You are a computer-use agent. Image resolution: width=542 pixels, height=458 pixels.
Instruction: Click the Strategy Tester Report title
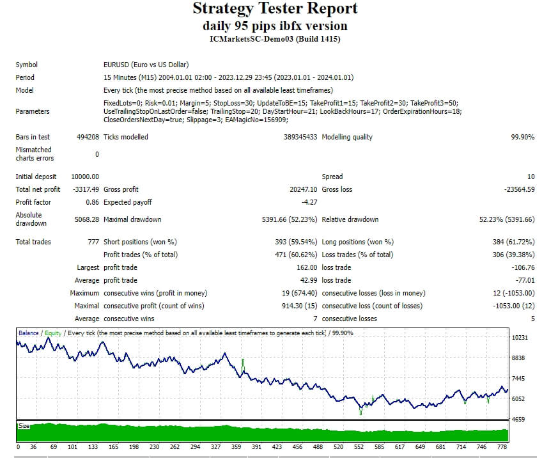point(275,9)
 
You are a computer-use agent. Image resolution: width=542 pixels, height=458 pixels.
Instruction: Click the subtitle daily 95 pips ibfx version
point(275,26)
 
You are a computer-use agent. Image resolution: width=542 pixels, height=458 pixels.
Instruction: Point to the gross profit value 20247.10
point(303,189)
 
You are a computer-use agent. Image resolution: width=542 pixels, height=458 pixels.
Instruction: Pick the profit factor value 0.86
point(93,202)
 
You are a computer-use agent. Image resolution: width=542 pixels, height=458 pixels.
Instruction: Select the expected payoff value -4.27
point(309,202)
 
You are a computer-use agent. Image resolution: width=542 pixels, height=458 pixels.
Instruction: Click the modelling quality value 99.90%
point(522,137)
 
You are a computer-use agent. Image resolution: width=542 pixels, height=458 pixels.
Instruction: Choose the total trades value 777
point(93,242)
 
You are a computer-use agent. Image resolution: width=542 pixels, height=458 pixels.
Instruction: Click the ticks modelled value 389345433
point(300,137)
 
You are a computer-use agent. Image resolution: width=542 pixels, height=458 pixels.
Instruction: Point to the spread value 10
point(530,177)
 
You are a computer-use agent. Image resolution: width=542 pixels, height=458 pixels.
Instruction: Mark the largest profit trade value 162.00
point(305,267)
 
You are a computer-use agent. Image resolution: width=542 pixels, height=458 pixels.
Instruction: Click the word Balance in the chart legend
point(28,333)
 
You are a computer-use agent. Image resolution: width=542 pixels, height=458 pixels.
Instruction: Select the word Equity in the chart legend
point(53,333)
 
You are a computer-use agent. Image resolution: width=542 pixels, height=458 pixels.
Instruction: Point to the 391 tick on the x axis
point(256,447)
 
